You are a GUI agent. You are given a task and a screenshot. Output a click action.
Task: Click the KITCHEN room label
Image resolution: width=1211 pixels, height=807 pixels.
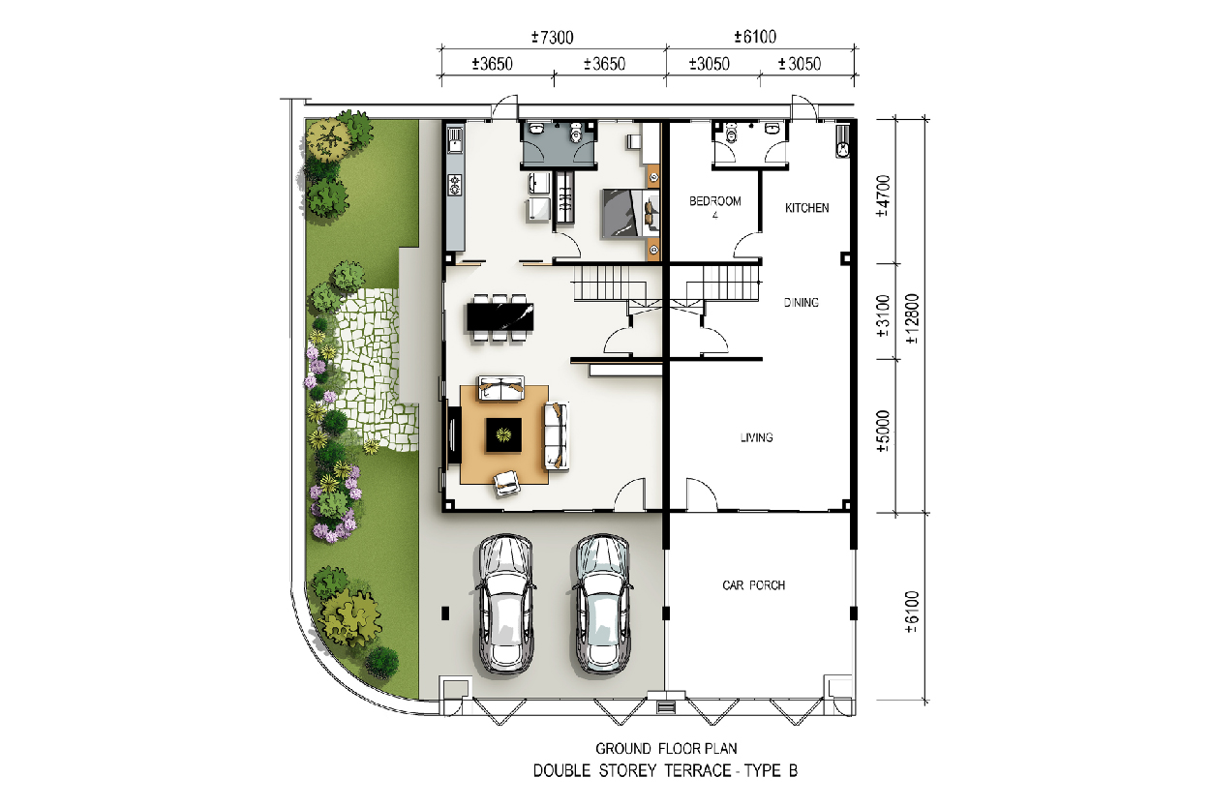click(x=806, y=208)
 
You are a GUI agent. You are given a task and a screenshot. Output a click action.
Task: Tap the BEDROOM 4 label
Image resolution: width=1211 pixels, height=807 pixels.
click(x=714, y=207)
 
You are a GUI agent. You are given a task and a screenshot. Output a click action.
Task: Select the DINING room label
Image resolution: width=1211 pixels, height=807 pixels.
click(x=802, y=303)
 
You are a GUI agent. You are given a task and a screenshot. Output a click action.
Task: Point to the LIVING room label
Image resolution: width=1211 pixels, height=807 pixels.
click(x=756, y=437)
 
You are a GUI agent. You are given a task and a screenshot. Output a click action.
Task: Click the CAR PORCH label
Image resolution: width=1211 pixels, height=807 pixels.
click(x=754, y=585)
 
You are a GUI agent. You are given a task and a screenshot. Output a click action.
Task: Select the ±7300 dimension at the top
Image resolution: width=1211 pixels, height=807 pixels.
click(x=552, y=38)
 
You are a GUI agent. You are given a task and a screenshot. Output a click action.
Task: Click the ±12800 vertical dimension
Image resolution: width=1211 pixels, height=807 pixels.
click(x=912, y=318)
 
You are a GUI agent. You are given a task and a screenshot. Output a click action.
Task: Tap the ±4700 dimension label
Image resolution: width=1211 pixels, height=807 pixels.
click(x=882, y=195)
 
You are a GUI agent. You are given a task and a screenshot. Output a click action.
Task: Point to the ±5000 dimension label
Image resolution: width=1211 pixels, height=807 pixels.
click(x=882, y=432)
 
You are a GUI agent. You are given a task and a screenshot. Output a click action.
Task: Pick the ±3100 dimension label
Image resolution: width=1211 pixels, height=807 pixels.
click(x=882, y=315)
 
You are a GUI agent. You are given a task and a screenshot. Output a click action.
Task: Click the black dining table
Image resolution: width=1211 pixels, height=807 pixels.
click(x=500, y=317)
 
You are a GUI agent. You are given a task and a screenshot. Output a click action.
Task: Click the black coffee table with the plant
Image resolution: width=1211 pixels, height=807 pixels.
click(x=503, y=434)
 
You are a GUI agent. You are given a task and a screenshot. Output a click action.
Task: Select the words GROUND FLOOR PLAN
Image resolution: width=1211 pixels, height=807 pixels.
click(x=666, y=749)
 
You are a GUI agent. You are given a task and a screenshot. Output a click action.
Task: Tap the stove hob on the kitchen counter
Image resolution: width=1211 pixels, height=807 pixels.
click(x=455, y=185)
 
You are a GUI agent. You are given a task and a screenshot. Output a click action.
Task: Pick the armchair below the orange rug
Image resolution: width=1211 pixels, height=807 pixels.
click(x=507, y=482)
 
